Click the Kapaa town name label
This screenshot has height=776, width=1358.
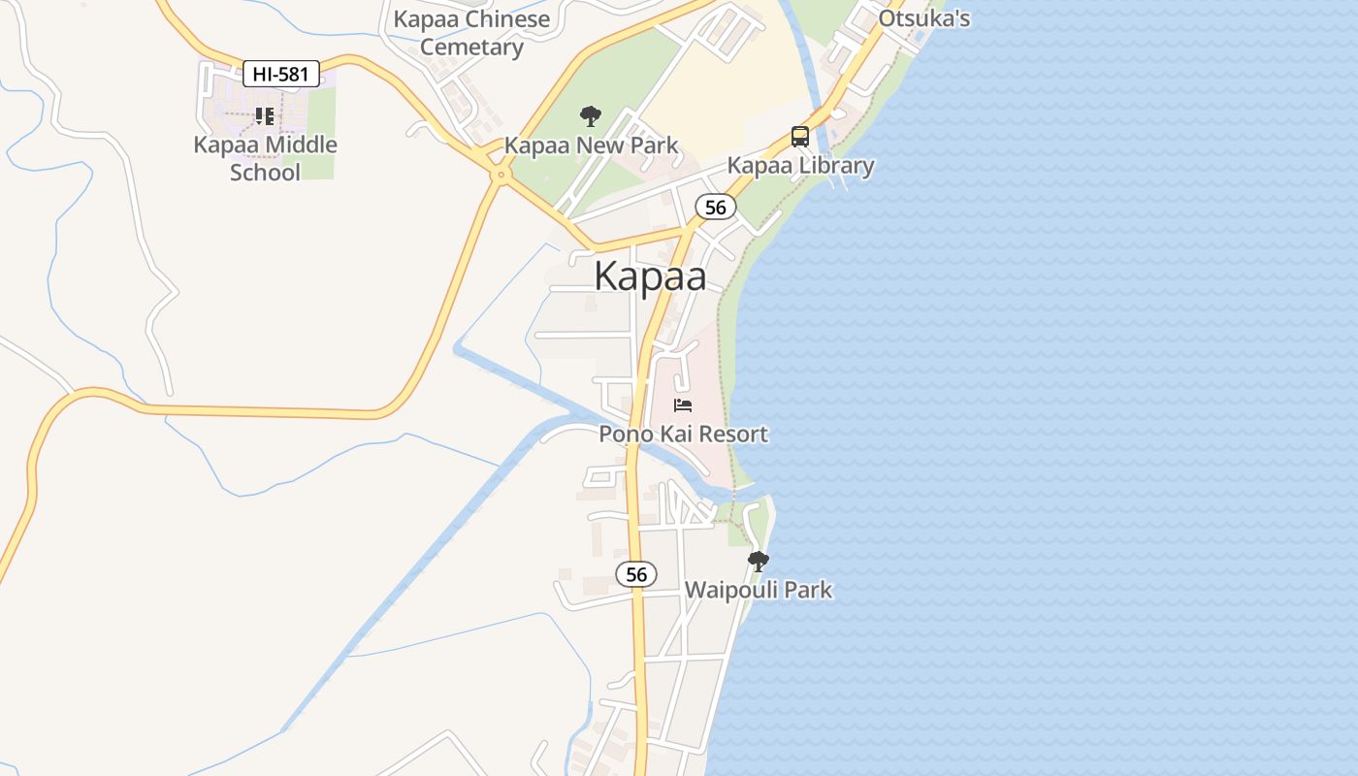click(x=650, y=276)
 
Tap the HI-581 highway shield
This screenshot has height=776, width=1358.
click(x=280, y=74)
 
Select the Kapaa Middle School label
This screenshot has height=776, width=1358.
click(x=265, y=158)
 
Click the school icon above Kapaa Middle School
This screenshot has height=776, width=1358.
click(x=265, y=116)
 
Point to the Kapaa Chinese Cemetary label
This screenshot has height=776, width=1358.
click(x=471, y=33)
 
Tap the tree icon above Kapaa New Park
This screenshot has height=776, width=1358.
click(x=590, y=117)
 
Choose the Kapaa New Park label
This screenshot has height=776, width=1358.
click(x=591, y=146)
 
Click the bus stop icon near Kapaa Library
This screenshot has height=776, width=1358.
click(x=800, y=137)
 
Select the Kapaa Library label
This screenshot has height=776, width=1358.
click(x=800, y=166)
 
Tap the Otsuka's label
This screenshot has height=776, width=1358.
click(x=923, y=18)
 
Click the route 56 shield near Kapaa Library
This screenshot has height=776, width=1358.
click(x=716, y=207)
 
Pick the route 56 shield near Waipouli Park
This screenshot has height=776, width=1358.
click(x=636, y=574)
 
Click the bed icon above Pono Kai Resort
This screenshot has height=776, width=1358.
click(x=683, y=405)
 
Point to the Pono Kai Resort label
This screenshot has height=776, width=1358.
click(x=683, y=434)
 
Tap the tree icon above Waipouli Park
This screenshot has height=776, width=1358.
click(x=759, y=561)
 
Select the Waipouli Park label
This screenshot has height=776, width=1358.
click(x=759, y=590)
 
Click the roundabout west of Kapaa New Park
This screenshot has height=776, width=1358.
click(x=501, y=176)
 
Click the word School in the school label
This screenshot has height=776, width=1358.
click(x=265, y=173)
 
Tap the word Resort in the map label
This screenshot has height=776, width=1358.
click(x=733, y=434)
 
